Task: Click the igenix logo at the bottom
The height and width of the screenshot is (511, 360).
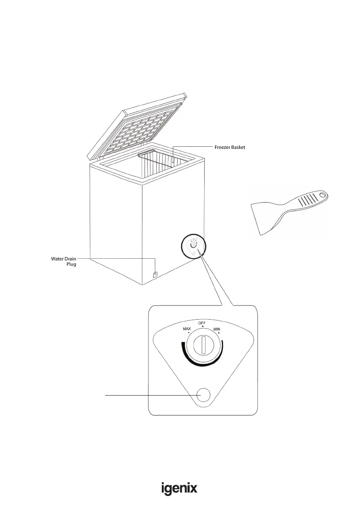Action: pos(179,489)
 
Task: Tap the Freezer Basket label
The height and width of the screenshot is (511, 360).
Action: pos(230,148)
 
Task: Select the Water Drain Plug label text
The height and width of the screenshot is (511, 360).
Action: pos(61,262)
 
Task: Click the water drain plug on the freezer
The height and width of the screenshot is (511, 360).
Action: pos(155,273)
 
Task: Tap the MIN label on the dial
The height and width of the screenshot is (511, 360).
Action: pos(217,329)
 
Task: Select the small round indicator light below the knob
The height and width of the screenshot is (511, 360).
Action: pos(203,396)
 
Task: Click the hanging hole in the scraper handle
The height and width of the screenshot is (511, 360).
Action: pos(322,197)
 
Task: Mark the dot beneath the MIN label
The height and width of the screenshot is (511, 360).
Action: pos(219,333)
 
